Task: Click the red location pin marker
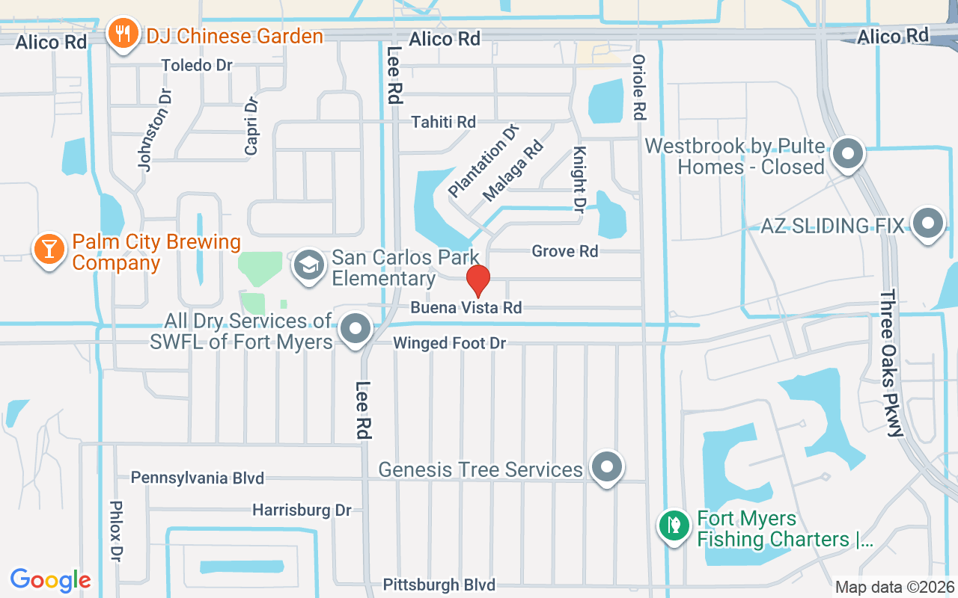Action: click(x=478, y=281)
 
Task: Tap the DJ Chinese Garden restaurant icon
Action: click(x=120, y=34)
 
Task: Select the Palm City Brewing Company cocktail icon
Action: click(x=49, y=249)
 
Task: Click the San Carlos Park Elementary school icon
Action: click(x=308, y=264)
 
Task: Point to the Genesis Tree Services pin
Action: click(x=607, y=467)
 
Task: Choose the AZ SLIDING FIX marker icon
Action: click(x=929, y=222)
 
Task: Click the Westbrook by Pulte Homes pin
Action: click(x=848, y=155)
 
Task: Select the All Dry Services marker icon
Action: click(x=356, y=328)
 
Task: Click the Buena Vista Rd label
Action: click(x=466, y=307)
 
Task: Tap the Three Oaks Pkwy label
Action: click(x=892, y=363)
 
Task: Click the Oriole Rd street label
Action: click(x=638, y=87)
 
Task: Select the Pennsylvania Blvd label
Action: click(x=197, y=477)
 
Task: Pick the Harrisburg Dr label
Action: click(x=302, y=510)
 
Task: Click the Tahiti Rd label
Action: click(x=443, y=121)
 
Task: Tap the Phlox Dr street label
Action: click(x=116, y=531)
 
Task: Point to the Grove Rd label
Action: click(x=564, y=251)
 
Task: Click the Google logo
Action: click(x=50, y=579)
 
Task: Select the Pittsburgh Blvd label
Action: click(x=439, y=584)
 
